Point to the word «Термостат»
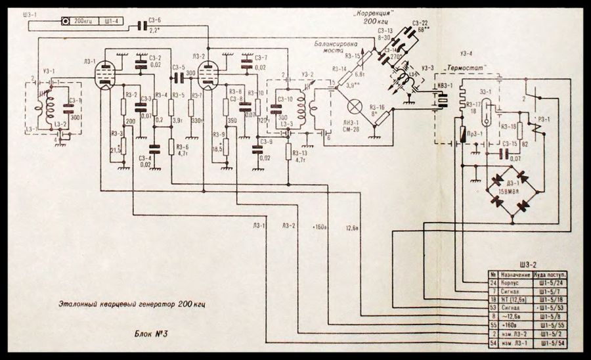pyautogui.click(x=463, y=69)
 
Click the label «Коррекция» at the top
pyautogui.click(x=374, y=12)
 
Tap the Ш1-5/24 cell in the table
pyautogui.click(x=552, y=282)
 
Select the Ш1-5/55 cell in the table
pyautogui.click(x=552, y=325)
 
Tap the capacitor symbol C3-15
pyautogui.click(x=504, y=153)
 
